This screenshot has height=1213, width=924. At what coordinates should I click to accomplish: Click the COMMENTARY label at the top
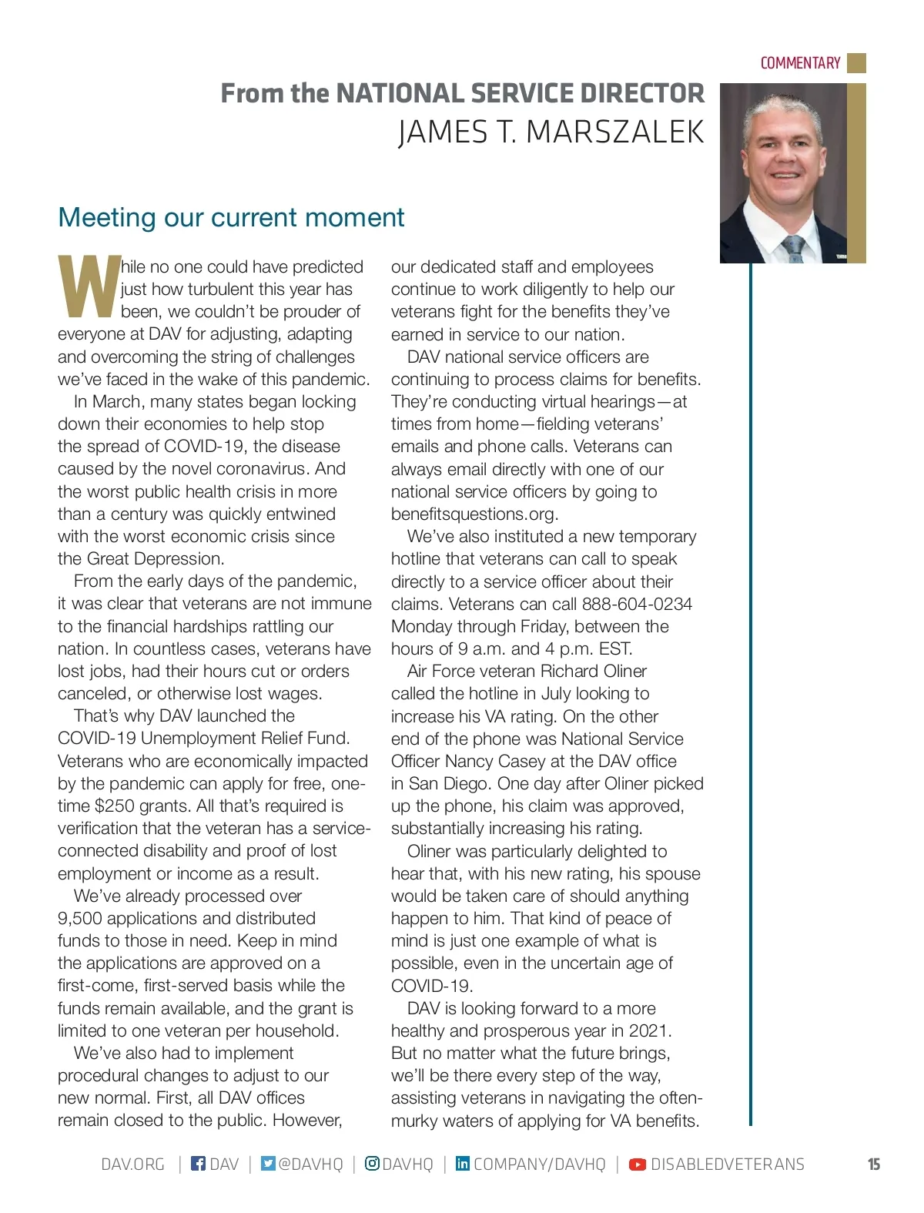pyautogui.click(x=800, y=63)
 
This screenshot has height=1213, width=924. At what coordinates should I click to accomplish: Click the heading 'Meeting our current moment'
pyautogui.click(x=231, y=217)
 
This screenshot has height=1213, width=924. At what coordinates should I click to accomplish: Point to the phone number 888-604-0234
pyautogui.click(x=637, y=604)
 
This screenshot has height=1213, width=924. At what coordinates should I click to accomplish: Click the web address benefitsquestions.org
pyautogui.click(x=474, y=514)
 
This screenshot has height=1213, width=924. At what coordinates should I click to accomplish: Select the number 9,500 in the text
pyautogui.click(x=79, y=918)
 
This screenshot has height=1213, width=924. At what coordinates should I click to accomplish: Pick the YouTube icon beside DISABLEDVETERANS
pyautogui.click(x=638, y=1164)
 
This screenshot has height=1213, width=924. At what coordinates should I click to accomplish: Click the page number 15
pyautogui.click(x=874, y=1164)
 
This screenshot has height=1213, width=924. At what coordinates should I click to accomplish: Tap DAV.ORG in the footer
pyautogui.click(x=132, y=1164)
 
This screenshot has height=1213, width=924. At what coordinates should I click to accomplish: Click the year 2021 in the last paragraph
pyautogui.click(x=648, y=1030)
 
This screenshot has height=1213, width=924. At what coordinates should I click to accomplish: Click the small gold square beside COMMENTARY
pyautogui.click(x=856, y=63)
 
